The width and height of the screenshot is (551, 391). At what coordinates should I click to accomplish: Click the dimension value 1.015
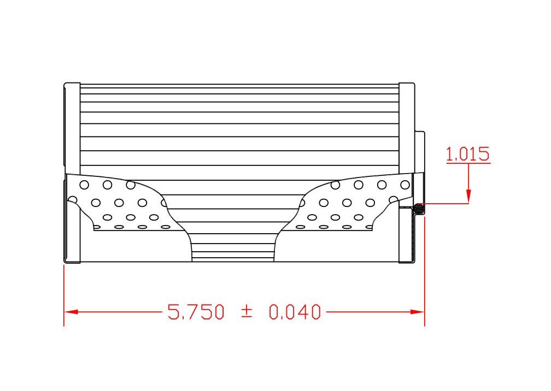click(468, 154)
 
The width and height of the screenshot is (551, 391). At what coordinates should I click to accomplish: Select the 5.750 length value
click(196, 312)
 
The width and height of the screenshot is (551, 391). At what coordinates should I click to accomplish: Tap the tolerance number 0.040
click(295, 312)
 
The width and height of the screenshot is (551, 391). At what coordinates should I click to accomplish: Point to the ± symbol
click(247, 312)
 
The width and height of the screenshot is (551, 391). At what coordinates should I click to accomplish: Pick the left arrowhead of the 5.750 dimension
click(71, 312)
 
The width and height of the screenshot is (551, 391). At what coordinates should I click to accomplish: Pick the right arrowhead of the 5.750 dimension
click(418, 312)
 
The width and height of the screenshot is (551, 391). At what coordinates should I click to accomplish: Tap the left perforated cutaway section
click(120, 203)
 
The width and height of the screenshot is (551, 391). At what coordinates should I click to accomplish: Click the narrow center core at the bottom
click(233, 248)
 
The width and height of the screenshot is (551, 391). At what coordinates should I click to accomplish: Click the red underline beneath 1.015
click(468, 163)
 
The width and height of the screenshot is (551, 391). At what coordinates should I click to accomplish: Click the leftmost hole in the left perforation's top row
click(84, 185)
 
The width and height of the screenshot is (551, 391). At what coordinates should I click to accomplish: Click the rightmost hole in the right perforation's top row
click(405, 185)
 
